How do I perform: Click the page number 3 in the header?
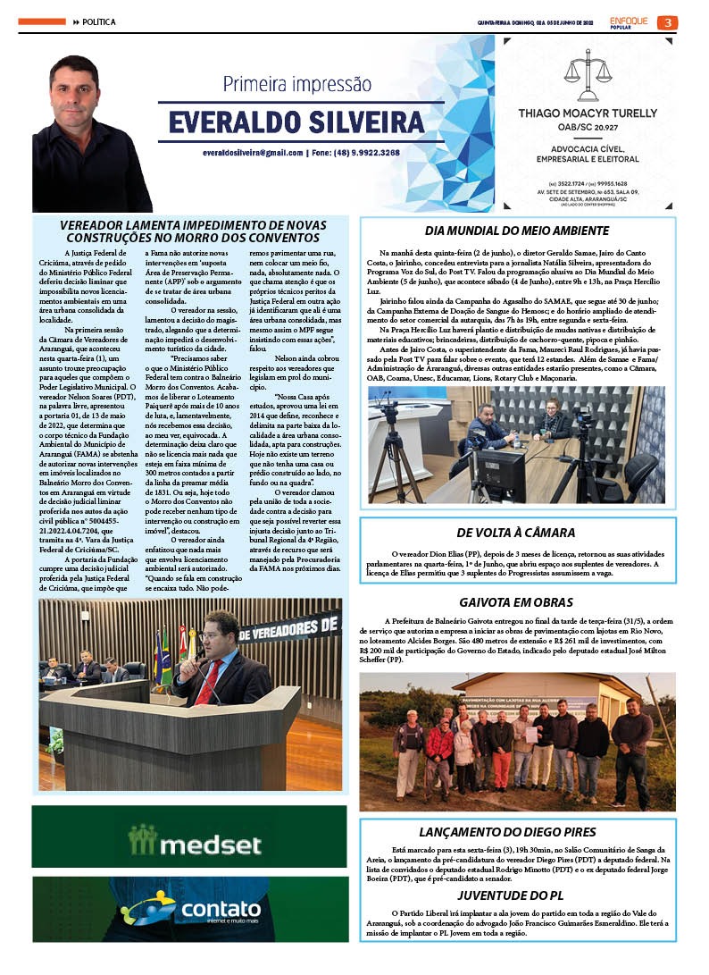click(x=667, y=22)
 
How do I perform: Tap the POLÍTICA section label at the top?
click(x=98, y=22)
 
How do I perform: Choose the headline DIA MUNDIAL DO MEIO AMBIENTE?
click(x=517, y=231)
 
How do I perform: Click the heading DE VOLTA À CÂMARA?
click(x=516, y=533)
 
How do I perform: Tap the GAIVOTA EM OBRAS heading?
click(x=516, y=602)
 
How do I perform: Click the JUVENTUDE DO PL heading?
click(x=516, y=895)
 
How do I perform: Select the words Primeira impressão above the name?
click(x=296, y=85)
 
